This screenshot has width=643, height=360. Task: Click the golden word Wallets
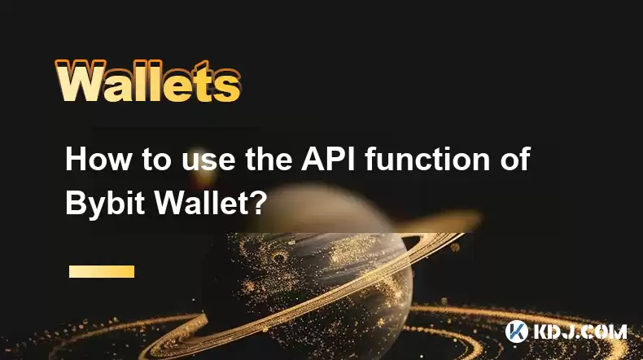147,81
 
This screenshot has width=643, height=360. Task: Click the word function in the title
426,159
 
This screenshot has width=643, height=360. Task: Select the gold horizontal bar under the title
102,271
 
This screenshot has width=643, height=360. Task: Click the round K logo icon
517,331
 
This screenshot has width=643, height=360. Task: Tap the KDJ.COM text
580,331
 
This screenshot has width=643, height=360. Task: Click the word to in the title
156,160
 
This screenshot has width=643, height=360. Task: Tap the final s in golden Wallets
226,86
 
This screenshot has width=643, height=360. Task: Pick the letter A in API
313,159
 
